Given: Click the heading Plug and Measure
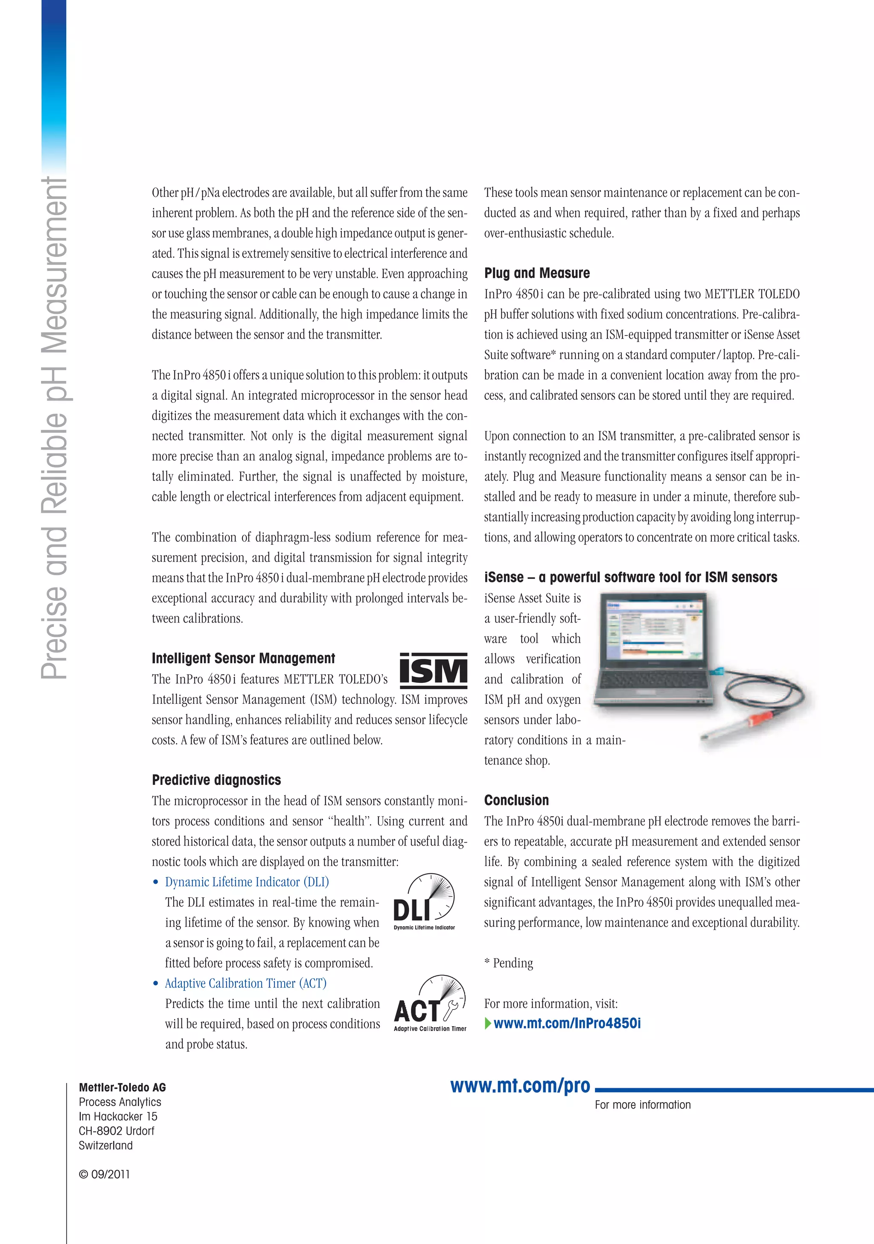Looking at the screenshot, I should coord(536,273).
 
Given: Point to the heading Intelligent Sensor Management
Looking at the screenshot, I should coord(243,659).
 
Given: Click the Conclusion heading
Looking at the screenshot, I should coord(516,800).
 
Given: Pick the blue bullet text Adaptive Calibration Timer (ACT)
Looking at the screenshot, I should coord(245,983).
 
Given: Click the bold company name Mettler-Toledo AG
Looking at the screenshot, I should coord(122,1087).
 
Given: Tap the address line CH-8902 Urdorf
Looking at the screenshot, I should coord(117,1131).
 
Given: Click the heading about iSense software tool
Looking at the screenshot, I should coord(630,577).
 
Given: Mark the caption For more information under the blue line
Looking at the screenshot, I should coord(642,1105).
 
